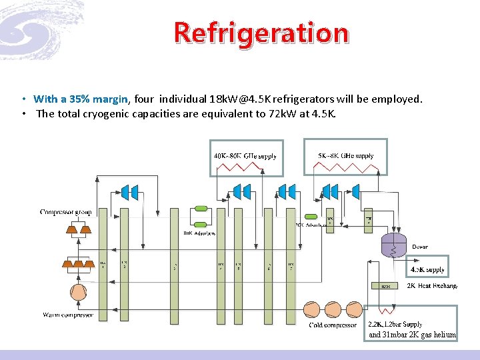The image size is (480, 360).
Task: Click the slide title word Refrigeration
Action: pyautogui.click(x=261, y=32)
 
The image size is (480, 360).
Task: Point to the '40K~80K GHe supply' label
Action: pyautogui.click(x=245, y=156)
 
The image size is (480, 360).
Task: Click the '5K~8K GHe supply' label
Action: pyautogui.click(x=346, y=155)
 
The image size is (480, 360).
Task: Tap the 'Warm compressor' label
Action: pyautogui.click(x=68, y=315)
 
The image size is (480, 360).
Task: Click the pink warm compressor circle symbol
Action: pyautogui.click(x=78, y=292)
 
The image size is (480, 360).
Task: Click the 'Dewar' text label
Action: pyautogui.click(x=420, y=247)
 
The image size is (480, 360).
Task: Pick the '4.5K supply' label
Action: pyautogui.click(x=427, y=269)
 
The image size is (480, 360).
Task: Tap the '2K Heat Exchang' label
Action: pyautogui.click(x=432, y=285)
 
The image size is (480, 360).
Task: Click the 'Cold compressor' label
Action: pyautogui.click(x=332, y=325)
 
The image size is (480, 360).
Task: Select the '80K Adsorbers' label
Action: pyautogui.click(x=199, y=233)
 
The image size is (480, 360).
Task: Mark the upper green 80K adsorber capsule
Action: pyautogui.click(x=199, y=209)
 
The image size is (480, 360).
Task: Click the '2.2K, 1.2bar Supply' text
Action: pyautogui.click(x=395, y=324)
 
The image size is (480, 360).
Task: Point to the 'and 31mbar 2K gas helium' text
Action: pyautogui.click(x=412, y=335)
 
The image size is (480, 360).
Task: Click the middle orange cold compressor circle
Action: pyautogui.click(x=330, y=309)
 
